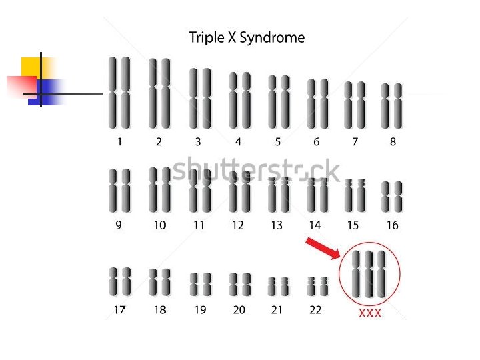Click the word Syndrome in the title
272,38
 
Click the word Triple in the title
207,38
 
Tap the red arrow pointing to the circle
322,248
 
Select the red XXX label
370,313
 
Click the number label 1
119,141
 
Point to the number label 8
393,141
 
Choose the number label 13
277,225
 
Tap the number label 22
315,310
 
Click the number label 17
119,310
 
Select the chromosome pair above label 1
119,93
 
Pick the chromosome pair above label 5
279,101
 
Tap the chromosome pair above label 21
279,287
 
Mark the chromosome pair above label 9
119,191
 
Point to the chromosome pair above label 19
201,284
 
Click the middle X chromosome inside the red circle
369,274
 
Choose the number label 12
238,225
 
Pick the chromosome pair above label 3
199,98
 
